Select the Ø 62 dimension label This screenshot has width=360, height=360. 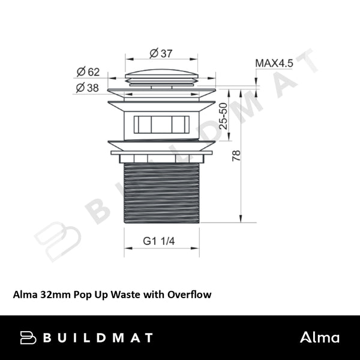[88, 73]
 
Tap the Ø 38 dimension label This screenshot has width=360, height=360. [88, 88]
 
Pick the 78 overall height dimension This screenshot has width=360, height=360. [236, 155]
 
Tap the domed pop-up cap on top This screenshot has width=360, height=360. [161, 77]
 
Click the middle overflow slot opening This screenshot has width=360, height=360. [161, 124]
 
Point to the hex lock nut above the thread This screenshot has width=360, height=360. [161, 159]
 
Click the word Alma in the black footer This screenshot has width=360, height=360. [320, 337]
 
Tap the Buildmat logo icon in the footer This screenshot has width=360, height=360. [28, 337]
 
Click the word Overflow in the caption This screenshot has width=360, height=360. [190, 295]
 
